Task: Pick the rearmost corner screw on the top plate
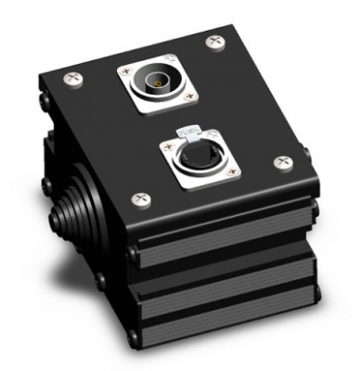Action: click(x=216, y=41)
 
